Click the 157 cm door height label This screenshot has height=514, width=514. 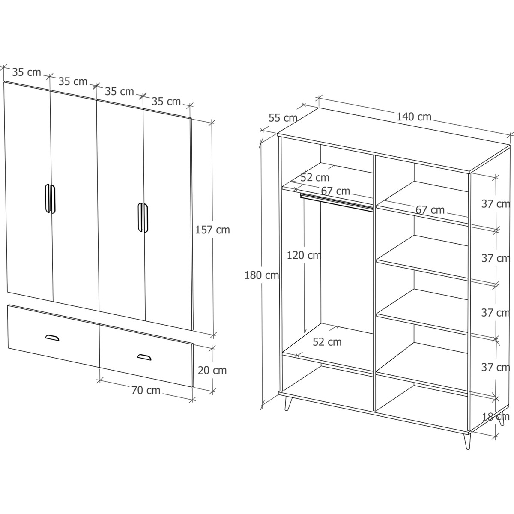coord(212,230)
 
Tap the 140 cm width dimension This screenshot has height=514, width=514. coord(414,117)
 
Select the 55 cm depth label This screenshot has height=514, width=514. coord(283,118)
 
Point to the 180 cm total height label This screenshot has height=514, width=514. coord(262,275)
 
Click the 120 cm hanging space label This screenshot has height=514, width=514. coord(304,255)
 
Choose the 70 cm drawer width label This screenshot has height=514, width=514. coord(146,390)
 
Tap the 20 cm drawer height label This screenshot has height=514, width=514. coord(212,370)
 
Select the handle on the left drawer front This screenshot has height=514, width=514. coord(52,338)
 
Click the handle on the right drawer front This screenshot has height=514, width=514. coord(144,357)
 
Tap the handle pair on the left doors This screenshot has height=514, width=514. coord(50,199)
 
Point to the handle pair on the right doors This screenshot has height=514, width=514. coord(143,218)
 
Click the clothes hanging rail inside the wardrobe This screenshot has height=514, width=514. coord(337,202)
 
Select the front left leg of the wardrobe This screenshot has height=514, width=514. coord(287,403)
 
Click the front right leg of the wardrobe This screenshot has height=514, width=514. coord(468,441)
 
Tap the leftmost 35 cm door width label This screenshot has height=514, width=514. coord(27,72)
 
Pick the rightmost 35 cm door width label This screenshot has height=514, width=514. coord(166,102)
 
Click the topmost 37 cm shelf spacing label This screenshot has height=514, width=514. coord(496,204)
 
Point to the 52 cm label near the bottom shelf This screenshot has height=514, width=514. coord(327,342)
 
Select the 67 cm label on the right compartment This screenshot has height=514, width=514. coord(430,210)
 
